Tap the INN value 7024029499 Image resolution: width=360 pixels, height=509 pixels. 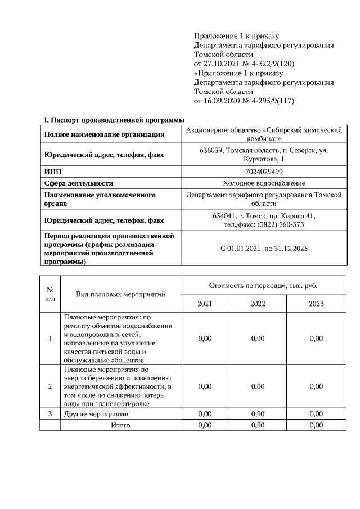click(264, 171)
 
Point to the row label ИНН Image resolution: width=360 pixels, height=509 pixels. click(52, 171)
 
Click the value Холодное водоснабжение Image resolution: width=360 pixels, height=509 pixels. click(264, 183)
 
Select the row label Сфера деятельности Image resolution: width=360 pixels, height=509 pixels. click(79, 183)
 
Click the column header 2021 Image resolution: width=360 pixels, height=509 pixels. click(205, 304)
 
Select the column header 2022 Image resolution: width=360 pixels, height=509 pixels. click(258, 304)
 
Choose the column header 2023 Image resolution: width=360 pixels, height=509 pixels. click(316, 304)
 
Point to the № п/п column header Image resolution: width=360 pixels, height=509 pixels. click(49, 294)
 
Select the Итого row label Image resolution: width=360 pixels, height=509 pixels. click(120, 425)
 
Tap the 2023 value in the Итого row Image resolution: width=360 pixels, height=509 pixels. click(316, 425)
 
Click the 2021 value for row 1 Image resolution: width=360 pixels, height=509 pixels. click(205, 339)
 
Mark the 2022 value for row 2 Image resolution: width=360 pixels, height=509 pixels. click(258, 386)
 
